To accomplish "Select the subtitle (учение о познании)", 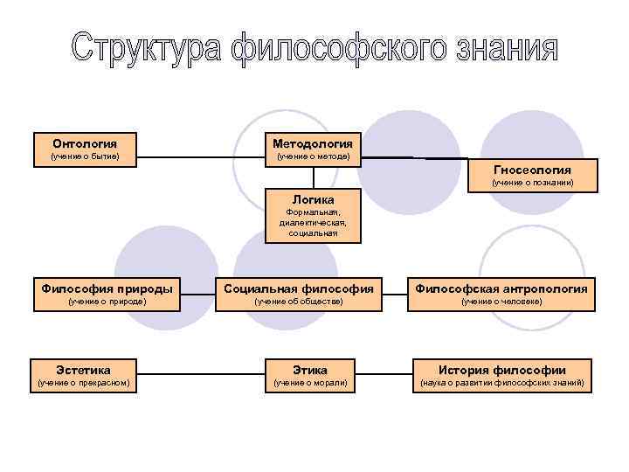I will tap(532, 183).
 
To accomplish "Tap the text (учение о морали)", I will tap(311, 384).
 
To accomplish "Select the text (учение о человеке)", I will tap(501, 302).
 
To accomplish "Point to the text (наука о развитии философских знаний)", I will tap(501, 384).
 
